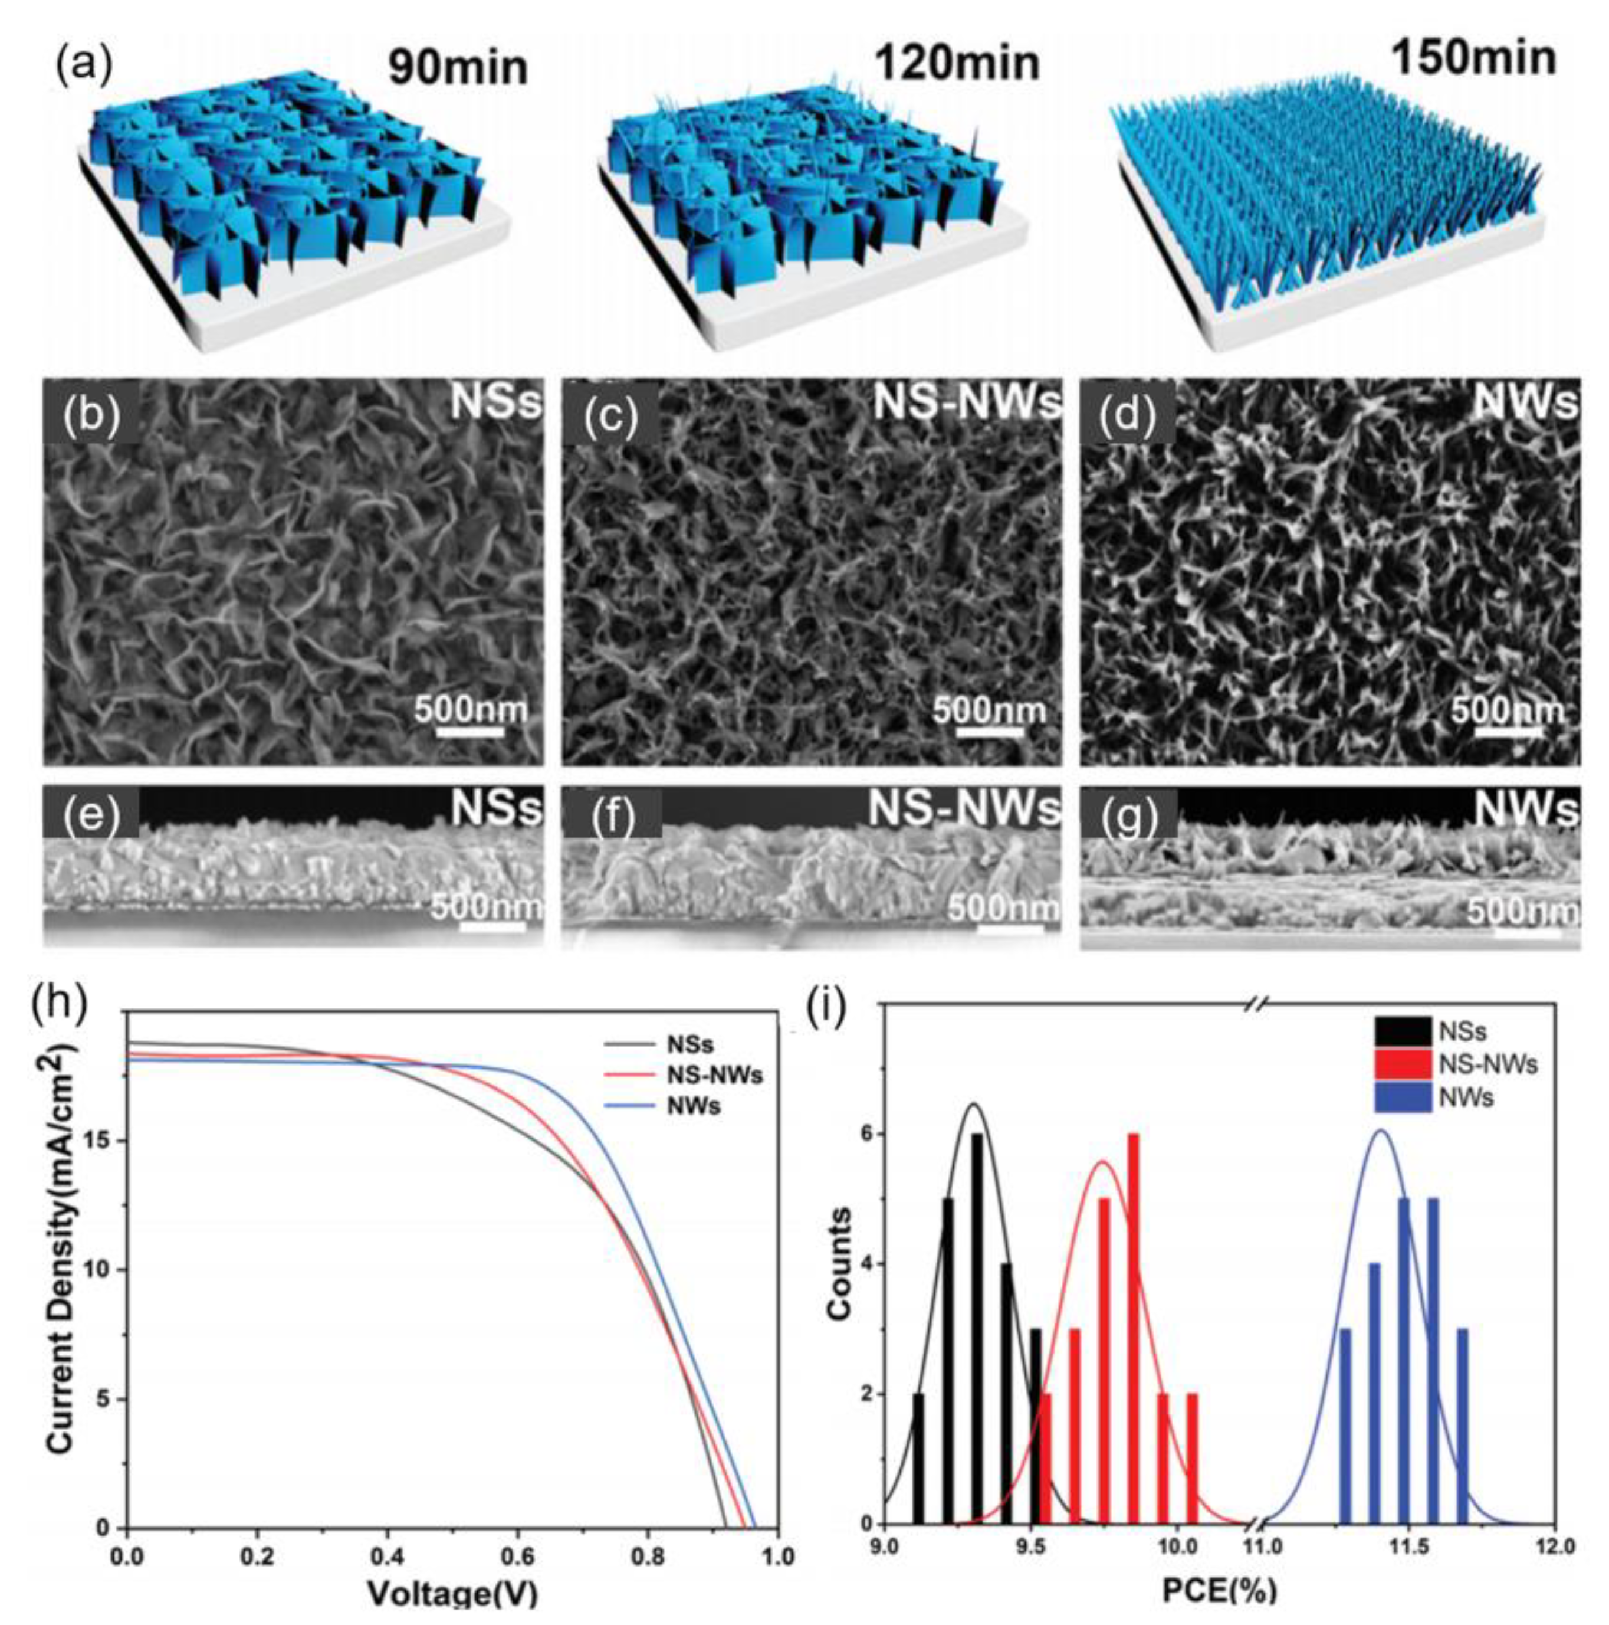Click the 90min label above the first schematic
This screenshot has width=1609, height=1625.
click(x=458, y=67)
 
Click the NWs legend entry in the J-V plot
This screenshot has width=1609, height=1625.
click(x=694, y=1105)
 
